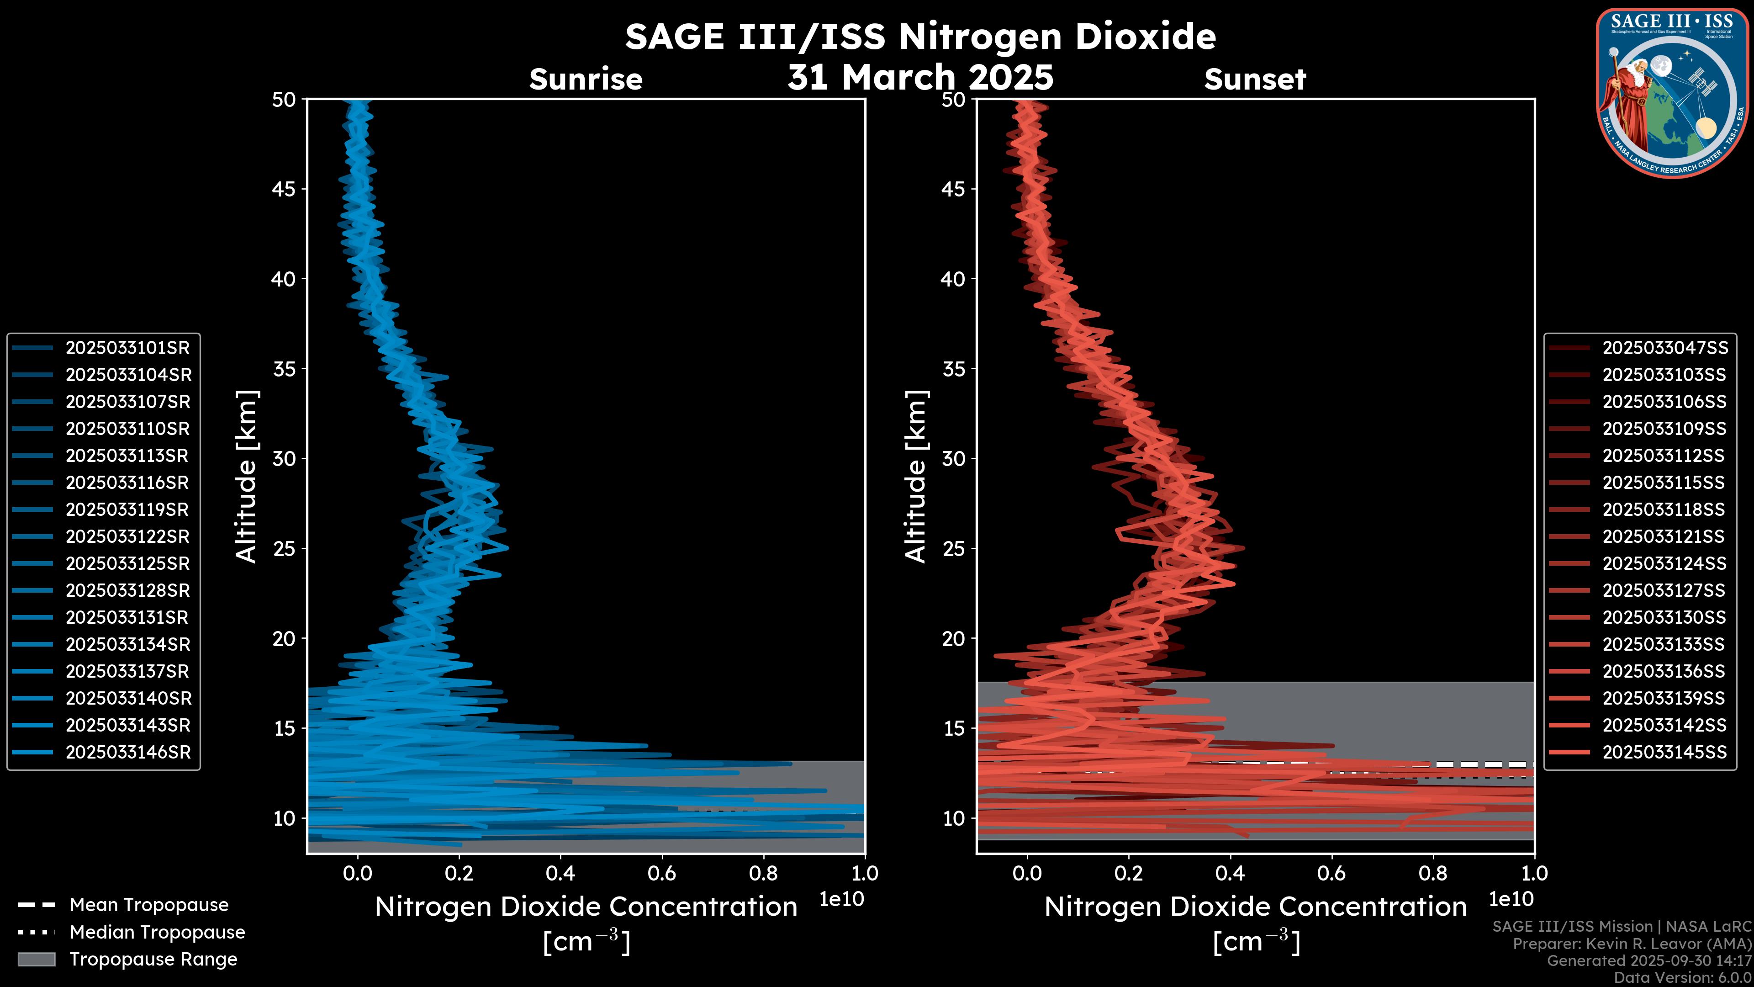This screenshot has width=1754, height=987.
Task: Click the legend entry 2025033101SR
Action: pyautogui.click(x=127, y=348)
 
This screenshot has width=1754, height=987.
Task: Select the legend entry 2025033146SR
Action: pyautogui.click(x=127, y=752)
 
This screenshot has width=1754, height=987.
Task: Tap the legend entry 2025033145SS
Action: pyautogui.click(x=1664, y=752)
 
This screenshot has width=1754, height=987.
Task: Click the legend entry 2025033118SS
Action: pyautogui.click(x=1664, y=509)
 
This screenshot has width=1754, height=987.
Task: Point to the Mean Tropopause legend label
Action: pyautogui.click(x=149, y=905)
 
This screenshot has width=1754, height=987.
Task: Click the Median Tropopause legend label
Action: pyautogui.click(x=157, y=932)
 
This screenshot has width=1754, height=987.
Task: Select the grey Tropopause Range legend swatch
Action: pyautogui.click(x=36, y=959)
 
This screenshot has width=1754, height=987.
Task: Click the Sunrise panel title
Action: pyautogui.click(x=586, y=80)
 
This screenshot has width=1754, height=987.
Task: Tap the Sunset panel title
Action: pyautogui.click(x=1255, y=80)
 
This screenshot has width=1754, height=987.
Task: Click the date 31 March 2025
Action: pyautogui.click(x=920, y=77)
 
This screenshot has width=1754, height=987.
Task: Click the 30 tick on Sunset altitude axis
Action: pyautogui.click(x=954, y=458)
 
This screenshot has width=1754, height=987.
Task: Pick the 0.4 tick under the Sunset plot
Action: pyautogui.click(x=1230, y=873)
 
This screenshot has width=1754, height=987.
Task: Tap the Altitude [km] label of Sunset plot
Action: pyautogui.click(x=916, y=476)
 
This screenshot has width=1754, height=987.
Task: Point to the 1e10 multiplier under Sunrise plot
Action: pyautogui.click(x=841, y=899)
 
